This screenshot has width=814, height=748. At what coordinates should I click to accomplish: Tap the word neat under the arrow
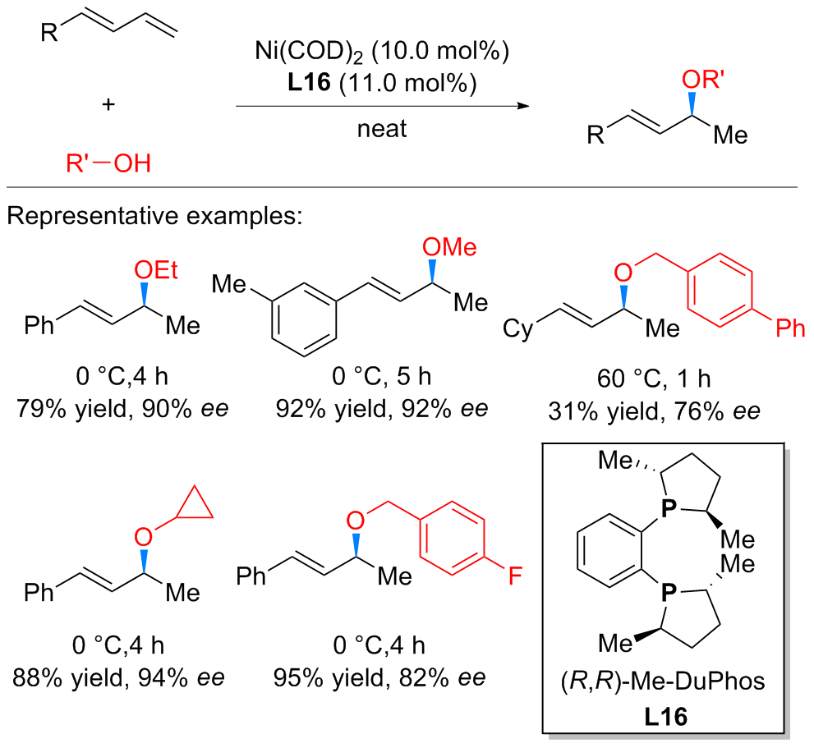tap(382, 129)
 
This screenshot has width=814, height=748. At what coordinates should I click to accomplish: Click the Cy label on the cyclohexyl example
tap(517, 330)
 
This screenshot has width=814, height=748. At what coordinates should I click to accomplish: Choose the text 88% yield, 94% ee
tap(119, 679)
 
